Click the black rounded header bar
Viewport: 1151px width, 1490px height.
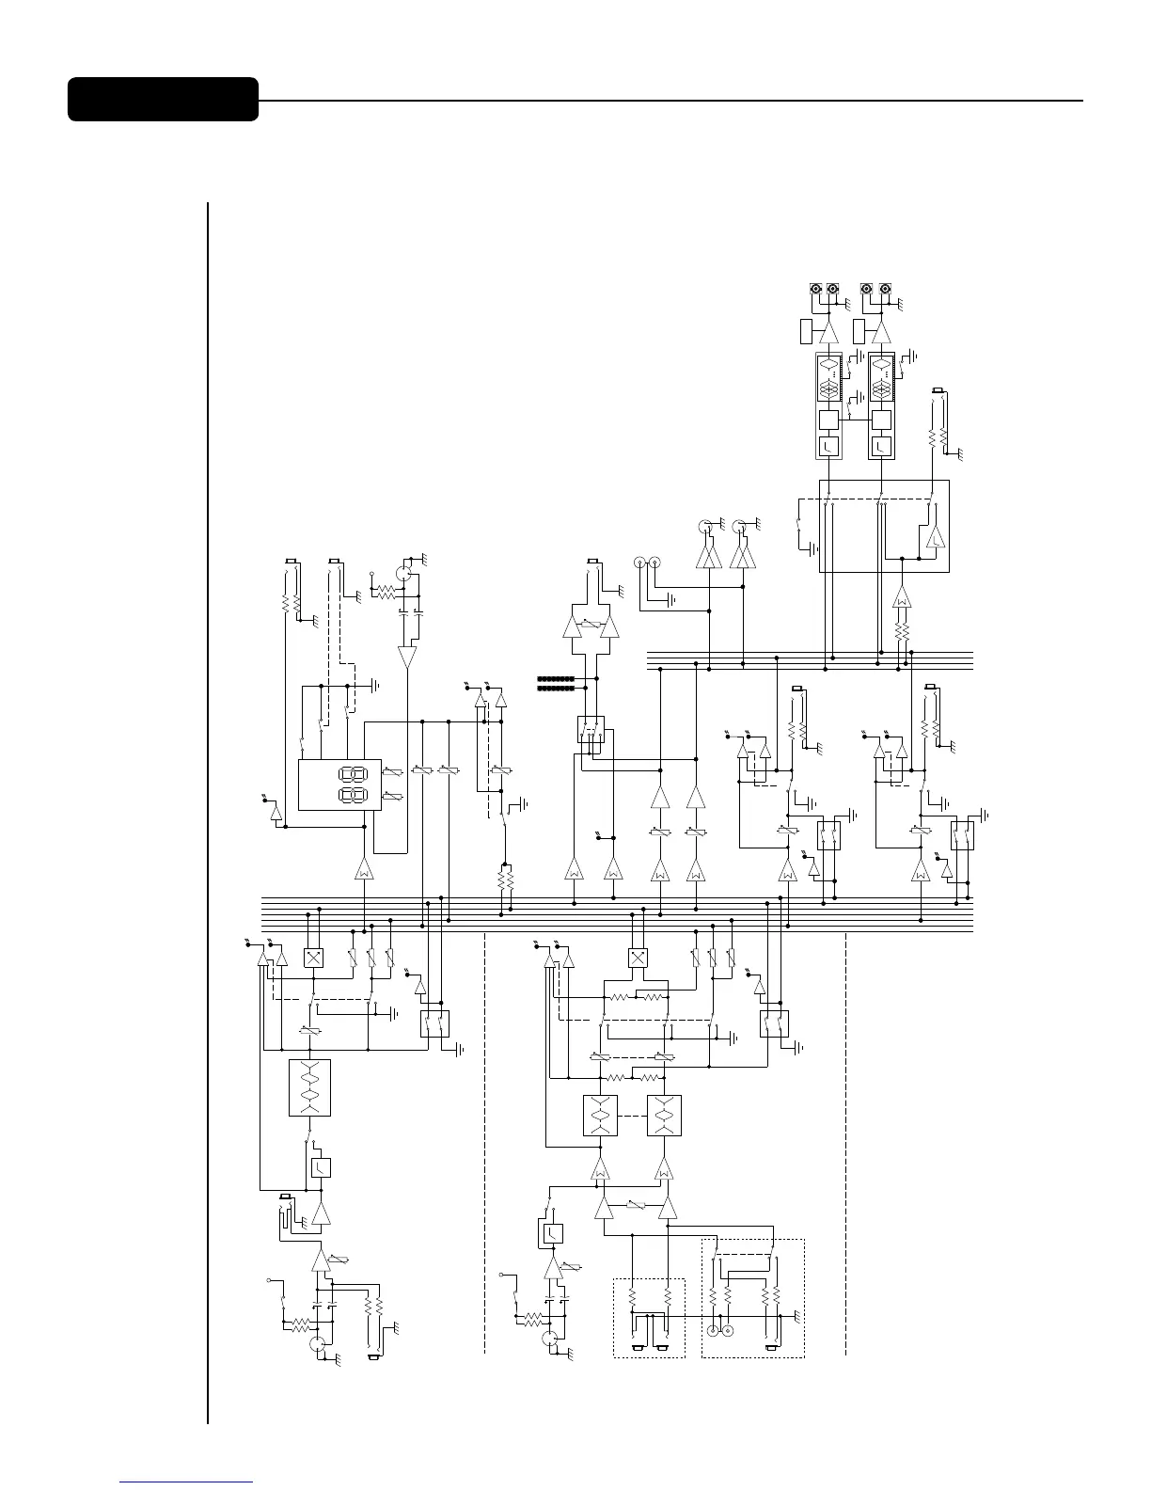[x=163, y=100]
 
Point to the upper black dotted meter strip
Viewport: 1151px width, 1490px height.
[x=555, y=677]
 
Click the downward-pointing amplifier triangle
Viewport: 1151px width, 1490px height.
[x=406, y=657]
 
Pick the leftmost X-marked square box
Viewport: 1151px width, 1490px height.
[x=314, y=958]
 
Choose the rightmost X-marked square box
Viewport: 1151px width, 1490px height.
[x=639, y=958]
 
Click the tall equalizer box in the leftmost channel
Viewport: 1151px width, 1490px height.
[x=309, y=1088]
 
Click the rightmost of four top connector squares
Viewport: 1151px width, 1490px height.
[x=884, y=290]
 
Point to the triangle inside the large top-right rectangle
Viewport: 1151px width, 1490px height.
[x=936, y=539]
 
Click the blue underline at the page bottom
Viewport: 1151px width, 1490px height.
[x=187, y=1482]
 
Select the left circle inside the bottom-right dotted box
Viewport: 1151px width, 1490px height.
[x=713, y=1331]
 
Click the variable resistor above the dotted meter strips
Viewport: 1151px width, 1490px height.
[x=590, y=623]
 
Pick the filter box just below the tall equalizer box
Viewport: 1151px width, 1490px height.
[x=321, y=1167]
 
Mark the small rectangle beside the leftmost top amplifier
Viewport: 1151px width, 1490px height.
[x=805, y=331]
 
